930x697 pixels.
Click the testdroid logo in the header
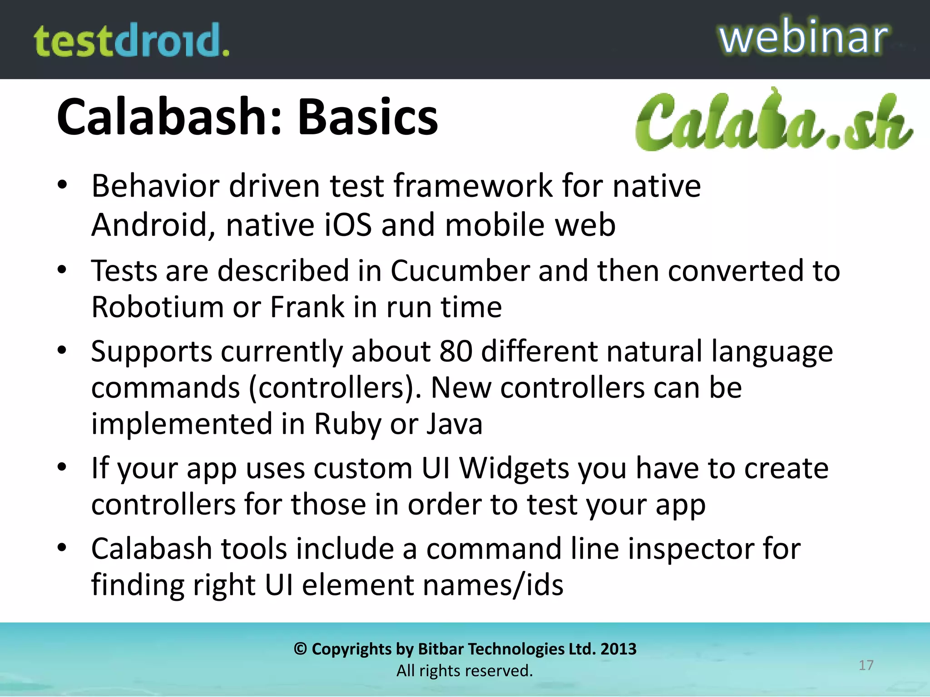[131, 41]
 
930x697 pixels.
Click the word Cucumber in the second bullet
[460, 271]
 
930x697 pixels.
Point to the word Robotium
[157, 307]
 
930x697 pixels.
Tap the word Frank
[307, 307]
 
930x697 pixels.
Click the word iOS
[348, 225]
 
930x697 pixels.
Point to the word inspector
[691, 549]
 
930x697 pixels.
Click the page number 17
[866, 665]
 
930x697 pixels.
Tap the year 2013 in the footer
[618, 649]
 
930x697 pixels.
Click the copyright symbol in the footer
[300, 649]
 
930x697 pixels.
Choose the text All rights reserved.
[465, 671]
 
